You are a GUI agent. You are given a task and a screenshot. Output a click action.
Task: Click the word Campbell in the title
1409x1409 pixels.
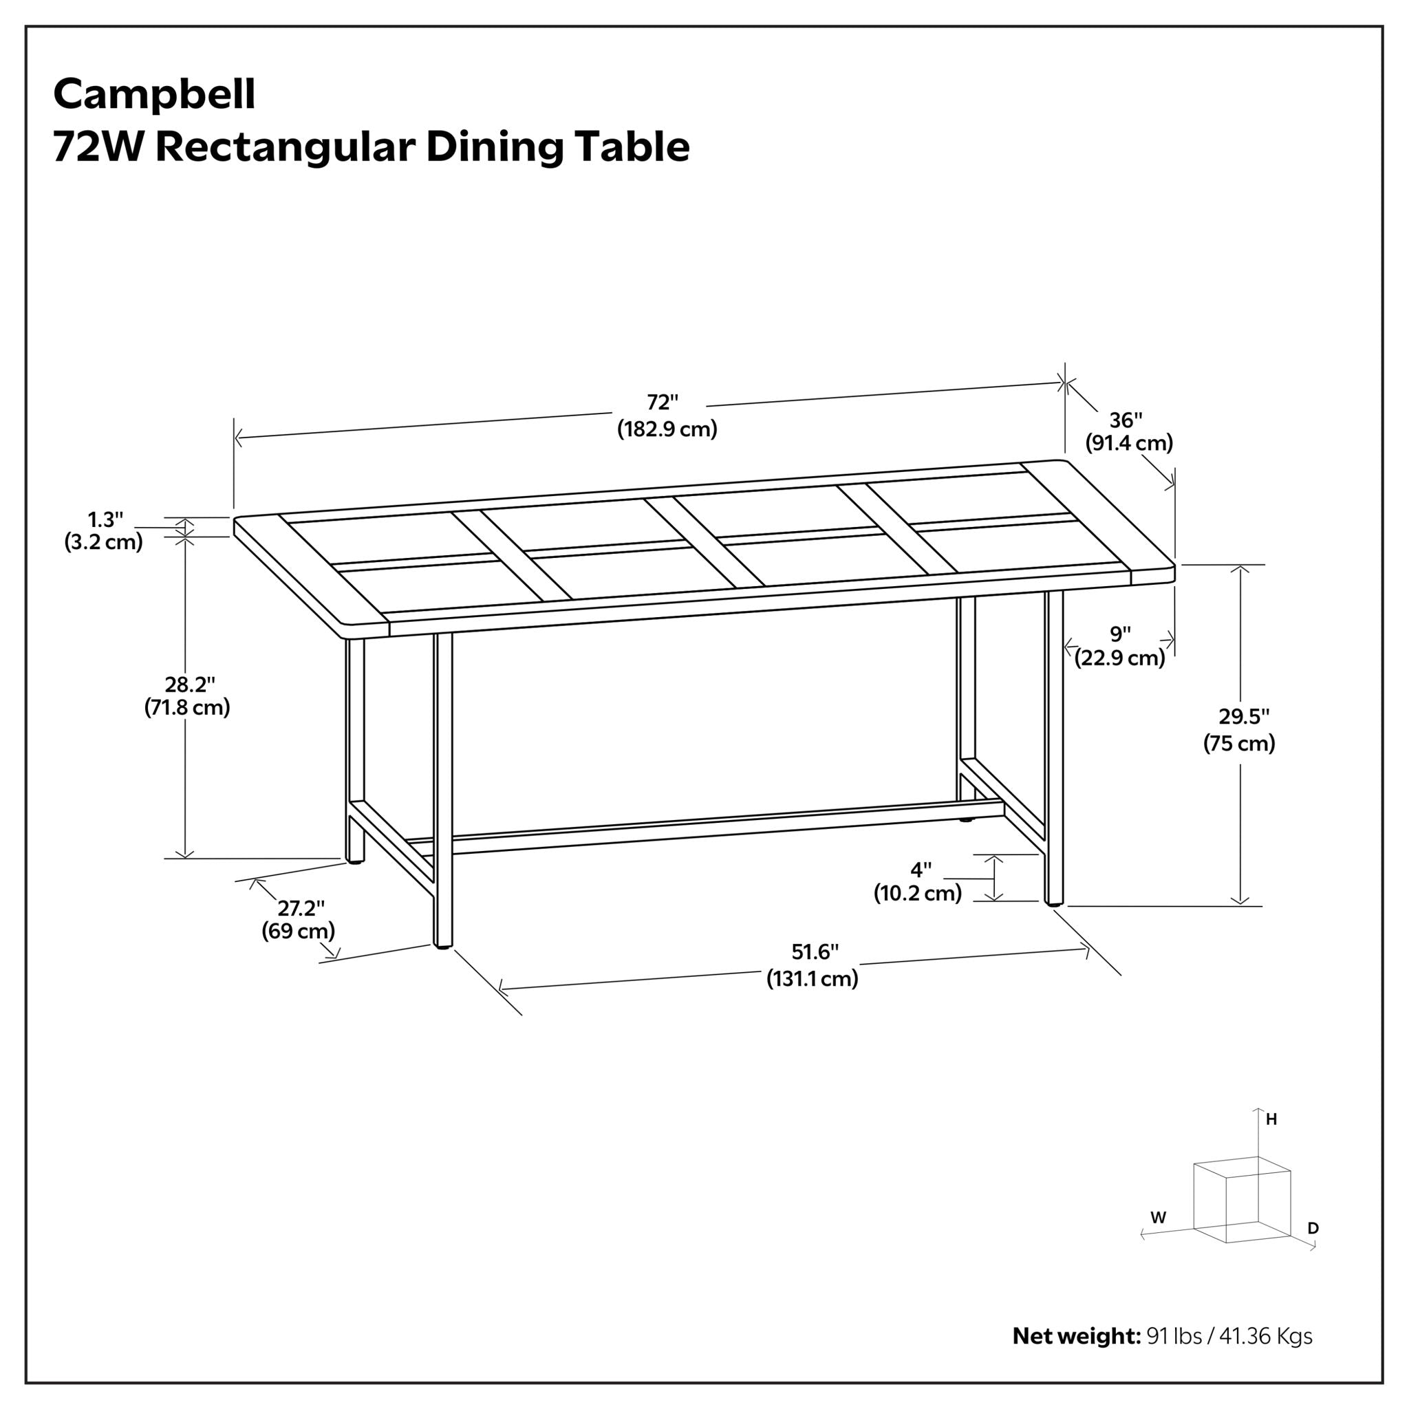[x=154, y=95]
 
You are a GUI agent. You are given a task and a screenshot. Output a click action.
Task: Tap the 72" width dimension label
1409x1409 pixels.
[x=663, y=402]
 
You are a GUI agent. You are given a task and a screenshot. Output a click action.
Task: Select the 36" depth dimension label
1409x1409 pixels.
[x=1126, y=420]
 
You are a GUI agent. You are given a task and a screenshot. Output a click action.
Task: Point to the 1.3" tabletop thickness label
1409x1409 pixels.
[x=106, y=520]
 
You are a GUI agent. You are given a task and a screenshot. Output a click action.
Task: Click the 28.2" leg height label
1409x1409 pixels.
[x=190, y=685]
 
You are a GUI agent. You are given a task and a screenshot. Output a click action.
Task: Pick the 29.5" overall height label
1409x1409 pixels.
[x=1243, y=717]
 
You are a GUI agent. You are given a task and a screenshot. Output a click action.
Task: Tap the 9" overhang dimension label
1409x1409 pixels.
[x=1120, y=634]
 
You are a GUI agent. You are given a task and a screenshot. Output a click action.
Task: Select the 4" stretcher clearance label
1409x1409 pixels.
[x=921, y=870]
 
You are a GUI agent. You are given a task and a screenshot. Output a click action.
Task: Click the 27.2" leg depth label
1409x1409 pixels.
[x=301, y=908]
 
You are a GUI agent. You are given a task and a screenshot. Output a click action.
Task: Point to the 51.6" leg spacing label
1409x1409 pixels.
[x=815, y=951]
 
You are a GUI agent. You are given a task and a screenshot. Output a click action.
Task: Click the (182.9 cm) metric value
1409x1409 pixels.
[x=667, y=429]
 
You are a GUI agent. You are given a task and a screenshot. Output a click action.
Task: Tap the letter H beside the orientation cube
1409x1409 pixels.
[x=1271, y=1119]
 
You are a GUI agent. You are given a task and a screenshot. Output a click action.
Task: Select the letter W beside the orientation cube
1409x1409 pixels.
[x=1158, y=1217]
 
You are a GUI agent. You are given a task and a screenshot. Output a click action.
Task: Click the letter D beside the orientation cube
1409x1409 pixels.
[x=1313, y=1228]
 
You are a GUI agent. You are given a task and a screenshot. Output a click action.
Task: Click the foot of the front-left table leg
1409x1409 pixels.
[x=442, y=945]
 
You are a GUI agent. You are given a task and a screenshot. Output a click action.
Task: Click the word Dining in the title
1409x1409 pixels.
[x=494, y=147]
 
